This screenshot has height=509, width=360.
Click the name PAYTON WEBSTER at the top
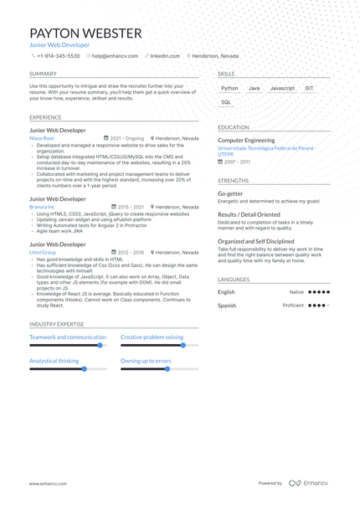(85, 33)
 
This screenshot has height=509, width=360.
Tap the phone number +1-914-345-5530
(58, 56)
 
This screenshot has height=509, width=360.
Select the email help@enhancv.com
(115, 56)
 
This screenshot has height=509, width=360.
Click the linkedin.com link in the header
(165, 56)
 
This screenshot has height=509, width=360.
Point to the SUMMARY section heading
(43, 74)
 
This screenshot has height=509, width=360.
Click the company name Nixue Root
(41, 138)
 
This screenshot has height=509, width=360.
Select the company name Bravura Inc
(42, 207)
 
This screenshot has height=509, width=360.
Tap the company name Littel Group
(43, 252)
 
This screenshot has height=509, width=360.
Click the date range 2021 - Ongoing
(126, 138)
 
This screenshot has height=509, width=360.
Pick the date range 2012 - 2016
(131, 252)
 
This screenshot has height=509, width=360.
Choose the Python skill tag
(229, 88)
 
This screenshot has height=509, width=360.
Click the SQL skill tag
(226, 102)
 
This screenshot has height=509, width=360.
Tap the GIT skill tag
(309, 88)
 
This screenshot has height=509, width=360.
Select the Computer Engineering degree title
(246, 141)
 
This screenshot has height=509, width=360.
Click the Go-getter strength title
(230, 193)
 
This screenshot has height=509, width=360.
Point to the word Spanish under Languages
(227, 306)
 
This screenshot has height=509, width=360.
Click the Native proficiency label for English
(296, 292)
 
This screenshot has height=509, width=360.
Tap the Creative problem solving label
(152, 337)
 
